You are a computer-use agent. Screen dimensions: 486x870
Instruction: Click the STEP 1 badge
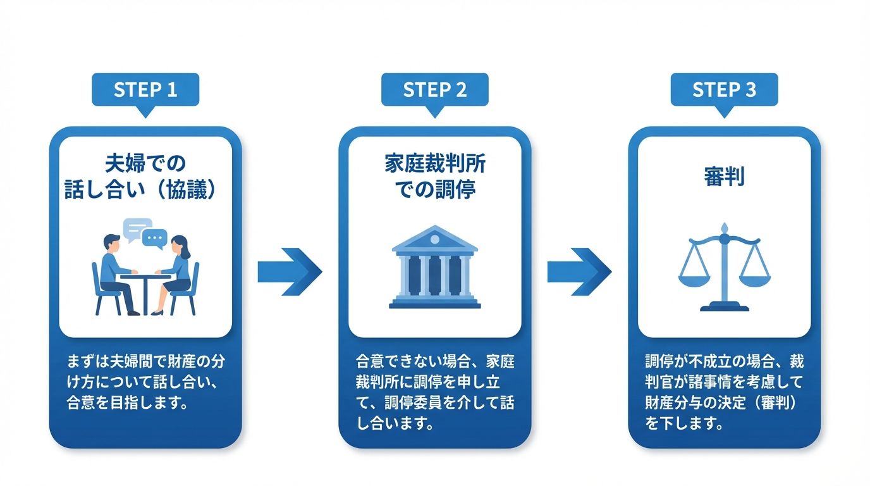click(x=145, y=89)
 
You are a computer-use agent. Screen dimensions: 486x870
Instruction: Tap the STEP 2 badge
click(x=434, y=89)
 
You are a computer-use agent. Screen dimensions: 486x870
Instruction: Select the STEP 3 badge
click(x=724, y=89)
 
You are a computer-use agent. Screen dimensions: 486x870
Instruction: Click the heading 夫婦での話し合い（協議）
click(x=145, y=177)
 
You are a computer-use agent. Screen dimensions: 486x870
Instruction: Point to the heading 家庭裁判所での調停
click(x=434, y=177)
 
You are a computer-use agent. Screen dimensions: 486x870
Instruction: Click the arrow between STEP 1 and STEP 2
click(x=290, y=272)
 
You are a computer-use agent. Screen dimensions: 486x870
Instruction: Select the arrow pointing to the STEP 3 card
click(x=579, y=272)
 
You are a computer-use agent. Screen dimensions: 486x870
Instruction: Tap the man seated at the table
click(x=116, y=272)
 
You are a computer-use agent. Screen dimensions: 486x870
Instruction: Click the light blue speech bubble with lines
click(x=137, y=228)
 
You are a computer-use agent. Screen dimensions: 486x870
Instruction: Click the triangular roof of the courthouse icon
click(x=434, y=240)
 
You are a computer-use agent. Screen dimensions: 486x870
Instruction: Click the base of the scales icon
click(x=725, y=307)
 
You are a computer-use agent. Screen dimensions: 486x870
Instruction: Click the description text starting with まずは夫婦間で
click(x=145, y=382)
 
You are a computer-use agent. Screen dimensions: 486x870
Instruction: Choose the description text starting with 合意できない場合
click(x=434, y=392)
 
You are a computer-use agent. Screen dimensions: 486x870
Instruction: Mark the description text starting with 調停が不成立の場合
click(x=724, y=392)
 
